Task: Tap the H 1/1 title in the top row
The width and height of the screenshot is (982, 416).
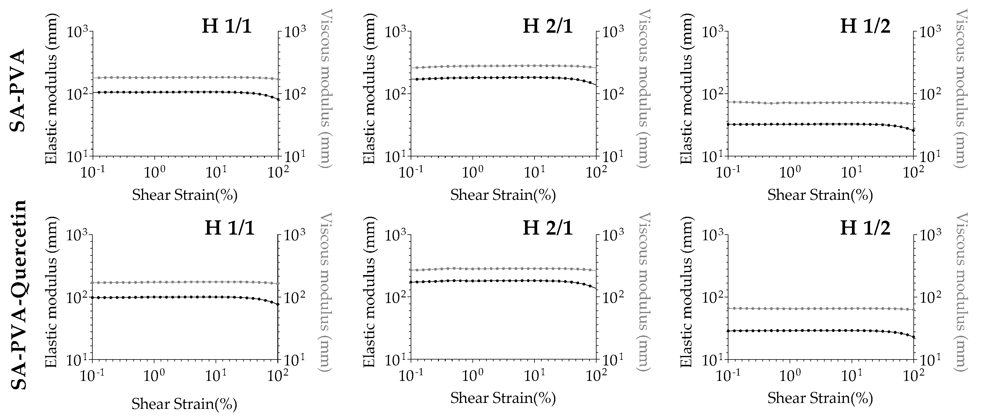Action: pos(227,26)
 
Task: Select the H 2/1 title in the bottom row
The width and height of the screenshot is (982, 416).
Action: pos(548,228)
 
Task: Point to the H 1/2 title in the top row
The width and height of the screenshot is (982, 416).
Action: pos(865,26)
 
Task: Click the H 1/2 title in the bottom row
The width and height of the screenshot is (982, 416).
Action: pos(865,228)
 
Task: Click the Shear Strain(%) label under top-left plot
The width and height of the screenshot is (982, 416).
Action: pos(185,195)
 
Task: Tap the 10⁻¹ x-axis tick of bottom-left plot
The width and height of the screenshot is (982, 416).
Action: pos(91,376)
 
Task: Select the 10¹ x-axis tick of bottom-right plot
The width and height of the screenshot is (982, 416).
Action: pos(851,376)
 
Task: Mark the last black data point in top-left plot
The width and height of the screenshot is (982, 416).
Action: pos(278,100)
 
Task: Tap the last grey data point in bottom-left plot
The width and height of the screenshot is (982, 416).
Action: pos(278,284)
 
